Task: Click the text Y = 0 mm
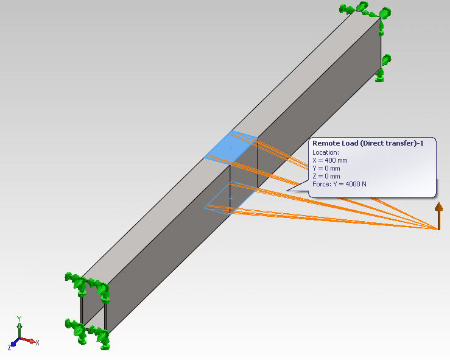coord(327,168)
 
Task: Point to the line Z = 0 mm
coord(327,176)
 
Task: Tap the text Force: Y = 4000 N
coord(339,184)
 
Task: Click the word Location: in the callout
coord(326,152)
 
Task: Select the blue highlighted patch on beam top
coord(230,148)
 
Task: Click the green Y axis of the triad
coord(19,329)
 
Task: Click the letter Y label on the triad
coord(19,318)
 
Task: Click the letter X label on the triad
coord(37,343)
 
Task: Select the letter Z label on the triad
coord(9,347)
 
